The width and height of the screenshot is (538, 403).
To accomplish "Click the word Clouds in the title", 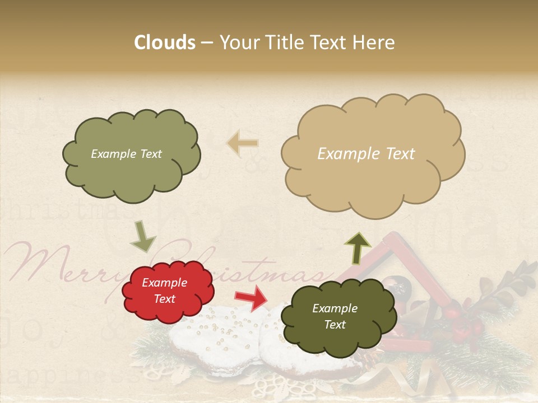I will pos(165,43).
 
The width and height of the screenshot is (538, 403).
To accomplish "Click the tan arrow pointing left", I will pos(242,143).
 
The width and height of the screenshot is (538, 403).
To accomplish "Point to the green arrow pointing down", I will pos(142,236).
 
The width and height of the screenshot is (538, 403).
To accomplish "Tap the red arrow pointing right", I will pos(251,297).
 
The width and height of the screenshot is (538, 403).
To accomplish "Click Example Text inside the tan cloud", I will pos(366,154).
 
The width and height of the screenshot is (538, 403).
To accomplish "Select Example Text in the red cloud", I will pos(165,291).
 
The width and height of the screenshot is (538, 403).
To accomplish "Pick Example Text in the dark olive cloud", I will pos(335,317).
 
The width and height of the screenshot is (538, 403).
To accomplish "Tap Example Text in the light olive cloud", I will pos(126,154).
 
